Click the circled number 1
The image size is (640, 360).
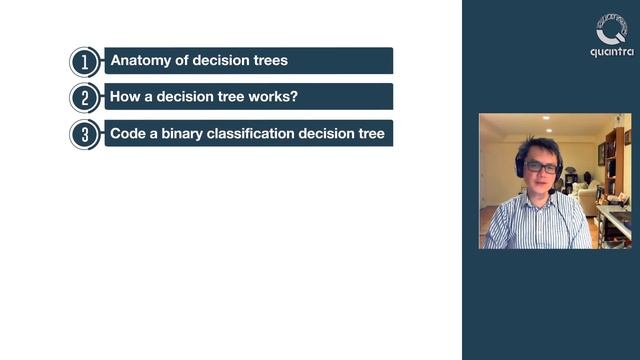85,61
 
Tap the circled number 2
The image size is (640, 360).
85,97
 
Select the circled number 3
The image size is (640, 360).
85,134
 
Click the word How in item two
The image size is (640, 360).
125,97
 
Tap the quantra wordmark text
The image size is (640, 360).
611,52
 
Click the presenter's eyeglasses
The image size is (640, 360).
540,167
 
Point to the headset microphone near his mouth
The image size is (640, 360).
550,190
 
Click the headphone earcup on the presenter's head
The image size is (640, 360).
520,165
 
